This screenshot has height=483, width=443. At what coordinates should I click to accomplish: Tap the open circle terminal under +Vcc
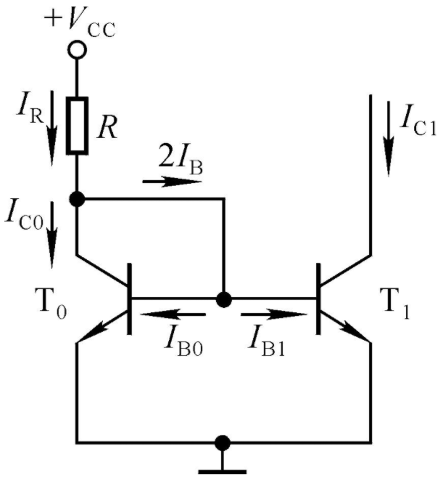[77, 49]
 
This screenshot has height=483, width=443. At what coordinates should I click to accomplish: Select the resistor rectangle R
[77, 126]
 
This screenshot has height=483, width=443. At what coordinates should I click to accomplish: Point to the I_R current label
[30, 107]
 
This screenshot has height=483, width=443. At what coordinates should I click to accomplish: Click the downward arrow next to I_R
[51, 128]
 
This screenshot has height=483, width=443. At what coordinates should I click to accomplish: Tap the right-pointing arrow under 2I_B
[172, 182]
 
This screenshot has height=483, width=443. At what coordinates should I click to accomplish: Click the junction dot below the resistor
[77, 199]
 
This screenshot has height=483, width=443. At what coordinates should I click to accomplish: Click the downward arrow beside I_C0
[51, 235]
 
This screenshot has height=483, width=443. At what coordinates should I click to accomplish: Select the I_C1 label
[418, 121]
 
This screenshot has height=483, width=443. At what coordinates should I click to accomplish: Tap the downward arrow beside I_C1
[389, 139]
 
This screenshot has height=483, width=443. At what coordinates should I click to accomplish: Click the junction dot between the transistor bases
[224, 299]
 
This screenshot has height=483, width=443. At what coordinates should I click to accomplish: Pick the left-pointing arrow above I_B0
[173, 314]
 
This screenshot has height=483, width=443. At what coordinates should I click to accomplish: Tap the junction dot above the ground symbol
[223, 443]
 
